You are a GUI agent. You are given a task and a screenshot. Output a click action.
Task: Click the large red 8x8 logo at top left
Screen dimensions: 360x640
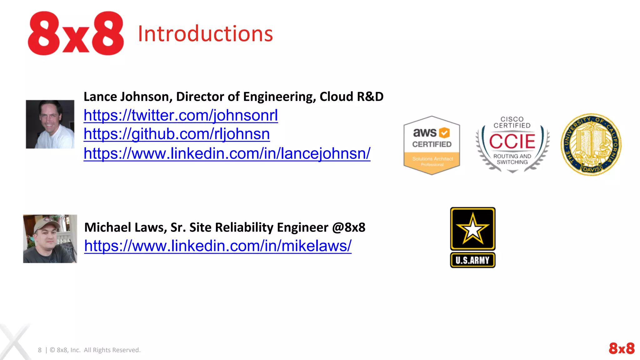76,33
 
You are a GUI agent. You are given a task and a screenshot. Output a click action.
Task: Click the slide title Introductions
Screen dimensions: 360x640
205,34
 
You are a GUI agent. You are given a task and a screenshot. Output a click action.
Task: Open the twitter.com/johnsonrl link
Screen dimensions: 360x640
181,115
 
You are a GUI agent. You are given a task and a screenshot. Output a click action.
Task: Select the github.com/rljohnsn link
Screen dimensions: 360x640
177,134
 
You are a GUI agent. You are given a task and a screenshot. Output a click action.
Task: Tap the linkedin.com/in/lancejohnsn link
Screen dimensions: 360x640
227,153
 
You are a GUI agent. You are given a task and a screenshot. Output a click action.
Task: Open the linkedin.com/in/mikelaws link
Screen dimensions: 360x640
218,246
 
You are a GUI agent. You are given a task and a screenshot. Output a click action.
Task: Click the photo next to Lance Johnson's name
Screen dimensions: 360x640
50,124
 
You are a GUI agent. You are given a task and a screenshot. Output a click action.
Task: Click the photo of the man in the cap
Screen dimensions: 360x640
50,239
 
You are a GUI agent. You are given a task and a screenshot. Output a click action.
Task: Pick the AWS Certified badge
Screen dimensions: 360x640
432,145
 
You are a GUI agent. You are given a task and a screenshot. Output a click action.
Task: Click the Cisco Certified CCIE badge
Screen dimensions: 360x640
512,144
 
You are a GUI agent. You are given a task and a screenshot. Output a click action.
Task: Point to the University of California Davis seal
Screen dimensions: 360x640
591,144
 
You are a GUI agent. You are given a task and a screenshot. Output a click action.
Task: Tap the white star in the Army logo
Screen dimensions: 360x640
472,229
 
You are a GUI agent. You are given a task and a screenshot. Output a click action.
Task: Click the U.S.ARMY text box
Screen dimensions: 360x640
472,260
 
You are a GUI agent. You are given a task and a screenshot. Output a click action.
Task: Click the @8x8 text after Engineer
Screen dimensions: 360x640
348,227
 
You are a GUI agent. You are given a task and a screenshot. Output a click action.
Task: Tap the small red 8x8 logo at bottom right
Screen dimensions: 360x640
622,348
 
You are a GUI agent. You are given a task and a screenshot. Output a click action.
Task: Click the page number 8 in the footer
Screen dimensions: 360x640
40,350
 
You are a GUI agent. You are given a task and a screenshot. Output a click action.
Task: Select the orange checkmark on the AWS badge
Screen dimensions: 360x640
444,133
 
